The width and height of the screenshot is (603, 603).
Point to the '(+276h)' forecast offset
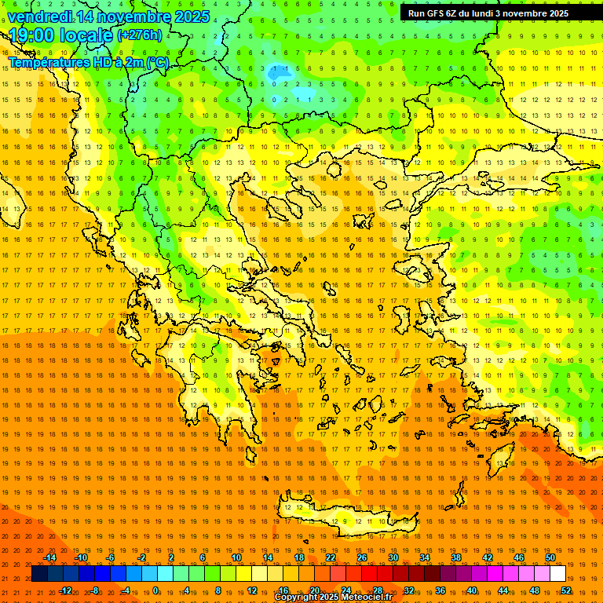coord(140,35)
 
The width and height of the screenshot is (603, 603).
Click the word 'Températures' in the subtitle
coord(47,62)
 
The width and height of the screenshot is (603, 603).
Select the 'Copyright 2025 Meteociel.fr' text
coord(333,598)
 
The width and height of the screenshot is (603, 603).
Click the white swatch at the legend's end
coord(558,574)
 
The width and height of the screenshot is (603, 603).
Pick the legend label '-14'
coord(49,557)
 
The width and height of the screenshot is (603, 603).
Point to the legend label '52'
coord(566,590)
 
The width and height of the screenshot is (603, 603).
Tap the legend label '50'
coord(550,557)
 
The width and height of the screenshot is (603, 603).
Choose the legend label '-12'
coord(65,590)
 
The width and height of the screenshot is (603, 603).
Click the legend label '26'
coord(362,557)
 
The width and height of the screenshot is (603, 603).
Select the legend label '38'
coord(456,557)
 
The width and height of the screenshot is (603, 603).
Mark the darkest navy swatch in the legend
coord(39,574)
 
